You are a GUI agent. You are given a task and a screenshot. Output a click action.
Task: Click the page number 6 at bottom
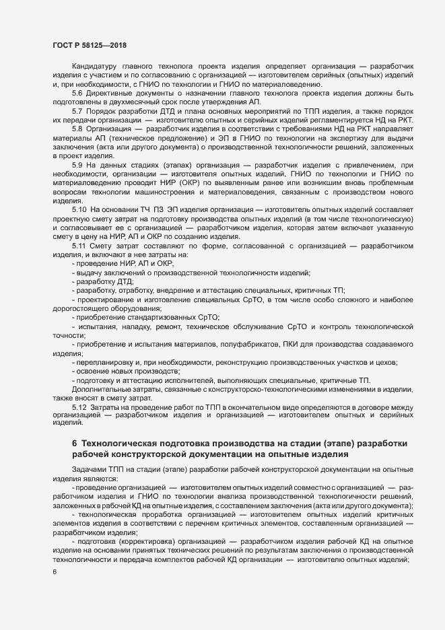click(55, 572)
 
